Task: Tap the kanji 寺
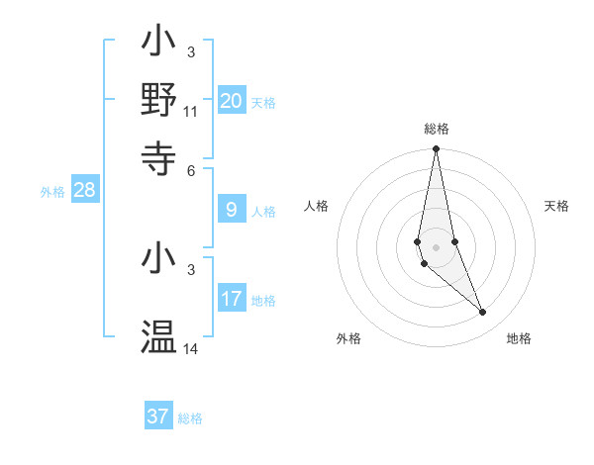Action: coord(158,155)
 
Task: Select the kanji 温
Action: coord(158,337)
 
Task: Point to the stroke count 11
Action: coord(191,111)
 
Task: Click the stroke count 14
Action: coord(191,349)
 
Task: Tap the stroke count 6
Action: coord(191,169)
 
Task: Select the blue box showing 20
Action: coord(231,101)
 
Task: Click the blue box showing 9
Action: coord(231,210)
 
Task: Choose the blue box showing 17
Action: coord(231,299)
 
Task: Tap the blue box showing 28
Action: coord(85,191)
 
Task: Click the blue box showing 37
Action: coord(158,417)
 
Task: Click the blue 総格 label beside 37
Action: coord(190,418)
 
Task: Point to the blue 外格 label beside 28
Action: coord(52,192)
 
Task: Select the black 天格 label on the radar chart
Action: coord(556,206)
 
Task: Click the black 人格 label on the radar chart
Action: coord(317,206)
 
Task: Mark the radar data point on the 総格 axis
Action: coord(436,149)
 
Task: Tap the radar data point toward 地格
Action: coord(483,313)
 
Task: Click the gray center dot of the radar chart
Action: coord(436,246)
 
